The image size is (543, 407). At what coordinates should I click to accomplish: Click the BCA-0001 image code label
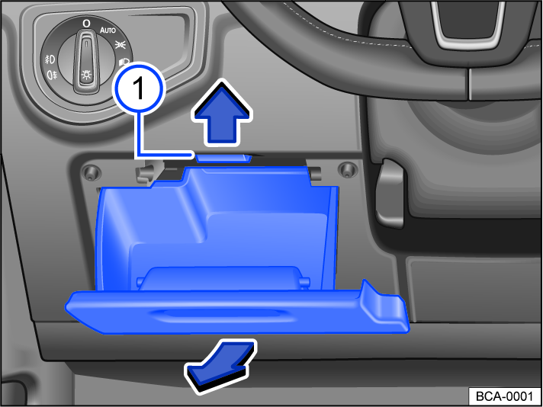503,396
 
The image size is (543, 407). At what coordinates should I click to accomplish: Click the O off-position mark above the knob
86,24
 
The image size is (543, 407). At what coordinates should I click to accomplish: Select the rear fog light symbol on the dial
53,75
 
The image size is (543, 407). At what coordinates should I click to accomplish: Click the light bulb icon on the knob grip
85,75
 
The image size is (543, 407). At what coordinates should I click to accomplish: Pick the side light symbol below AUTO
120,46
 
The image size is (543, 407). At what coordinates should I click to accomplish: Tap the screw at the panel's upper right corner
347,168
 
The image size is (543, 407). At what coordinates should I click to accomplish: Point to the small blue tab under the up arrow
223,157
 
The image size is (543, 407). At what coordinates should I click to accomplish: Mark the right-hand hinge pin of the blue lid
305,284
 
